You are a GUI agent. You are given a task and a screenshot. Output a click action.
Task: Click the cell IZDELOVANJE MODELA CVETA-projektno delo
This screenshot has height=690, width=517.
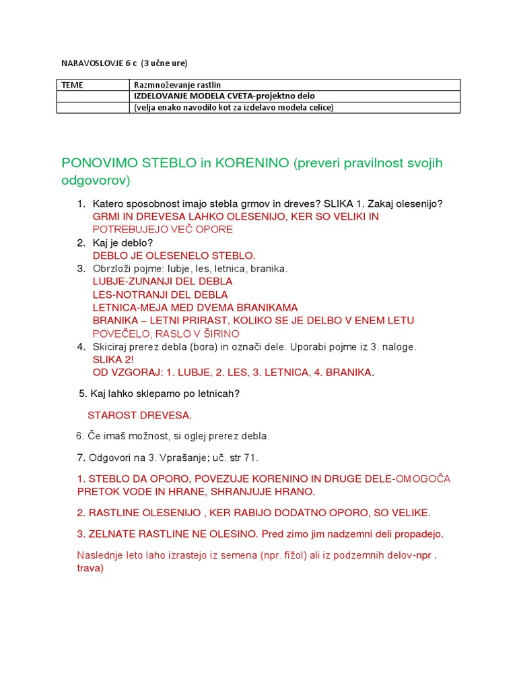pos(224,96)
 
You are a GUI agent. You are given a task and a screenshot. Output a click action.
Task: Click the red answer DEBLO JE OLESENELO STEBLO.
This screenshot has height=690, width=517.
pos(174,255)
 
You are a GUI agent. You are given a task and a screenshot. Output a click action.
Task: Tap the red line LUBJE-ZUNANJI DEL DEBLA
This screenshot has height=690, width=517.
pos(162,281)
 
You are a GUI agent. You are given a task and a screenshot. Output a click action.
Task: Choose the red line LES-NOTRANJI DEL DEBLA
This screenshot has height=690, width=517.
pos(160,294)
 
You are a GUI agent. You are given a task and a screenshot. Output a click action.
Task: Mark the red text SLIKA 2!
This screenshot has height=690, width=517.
pos(113,360)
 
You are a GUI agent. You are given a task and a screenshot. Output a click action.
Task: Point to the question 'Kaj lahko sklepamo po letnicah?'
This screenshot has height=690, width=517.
pos(160,394)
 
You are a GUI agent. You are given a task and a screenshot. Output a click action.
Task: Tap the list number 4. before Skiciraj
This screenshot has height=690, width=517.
pos(81,347)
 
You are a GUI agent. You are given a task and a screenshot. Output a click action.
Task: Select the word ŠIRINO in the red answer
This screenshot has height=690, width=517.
pos(220,334)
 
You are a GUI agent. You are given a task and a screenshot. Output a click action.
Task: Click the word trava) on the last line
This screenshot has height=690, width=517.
pos(90,567)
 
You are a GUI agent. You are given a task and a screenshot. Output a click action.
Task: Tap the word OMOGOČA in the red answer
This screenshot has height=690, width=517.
pos(423,479)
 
